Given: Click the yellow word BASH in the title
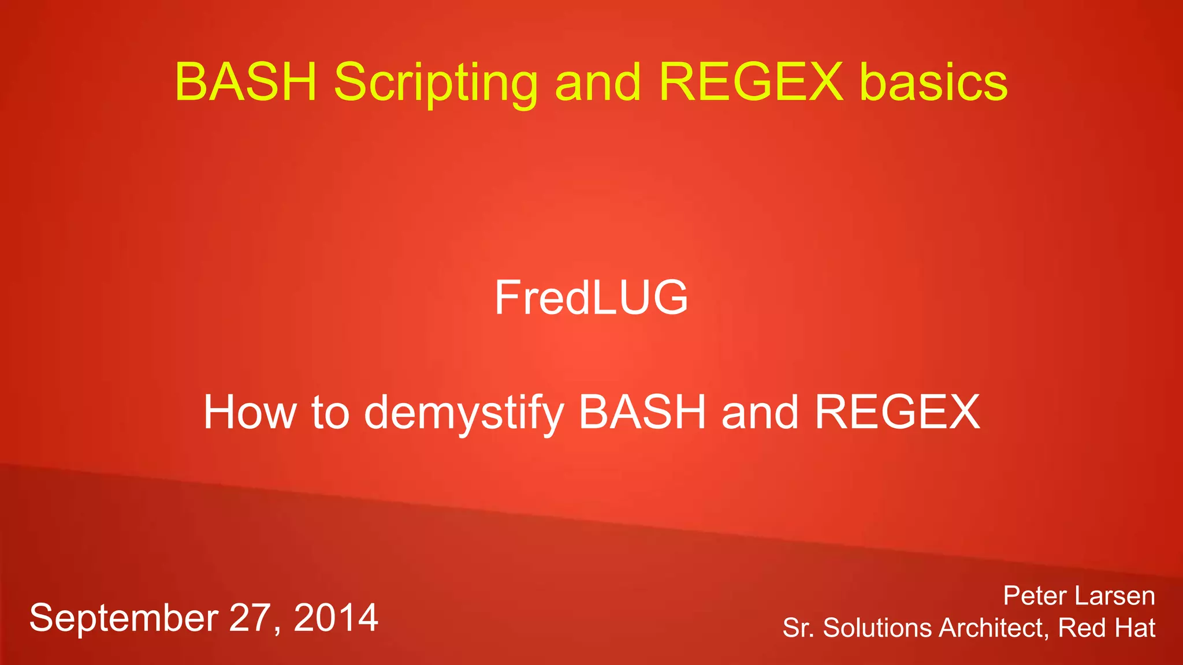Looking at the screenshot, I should (246, 82).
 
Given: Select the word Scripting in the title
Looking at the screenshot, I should (436, 82).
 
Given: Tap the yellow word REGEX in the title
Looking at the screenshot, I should (751, 82).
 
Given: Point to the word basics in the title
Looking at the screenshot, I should (933, 82).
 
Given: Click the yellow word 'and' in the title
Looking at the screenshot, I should (597, 82).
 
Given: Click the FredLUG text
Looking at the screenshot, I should (591, 297).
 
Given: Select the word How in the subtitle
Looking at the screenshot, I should (249, 412).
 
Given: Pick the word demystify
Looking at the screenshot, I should (464, 412).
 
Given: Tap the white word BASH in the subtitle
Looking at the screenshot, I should (642, 412).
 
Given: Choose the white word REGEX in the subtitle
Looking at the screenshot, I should (897, 412).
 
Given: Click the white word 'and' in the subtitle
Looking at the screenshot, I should (760, 412).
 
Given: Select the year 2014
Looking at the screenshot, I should (336, 618).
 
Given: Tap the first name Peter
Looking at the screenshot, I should (1035, 596).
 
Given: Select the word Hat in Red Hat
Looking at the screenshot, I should (1136, 628).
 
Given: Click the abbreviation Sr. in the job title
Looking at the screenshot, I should (798, 628).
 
